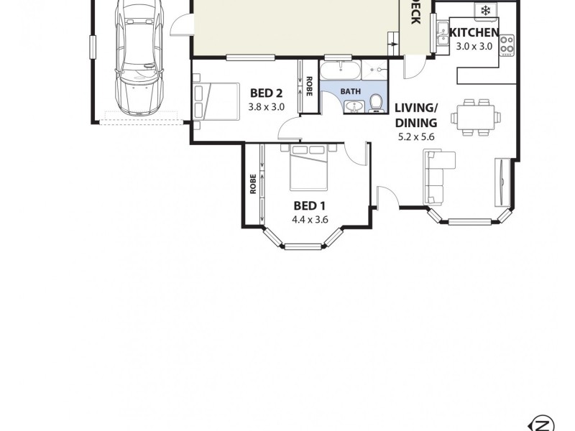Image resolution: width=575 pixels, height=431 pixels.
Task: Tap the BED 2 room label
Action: point(266,93)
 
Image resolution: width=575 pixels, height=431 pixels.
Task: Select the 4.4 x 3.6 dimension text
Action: point(310,220)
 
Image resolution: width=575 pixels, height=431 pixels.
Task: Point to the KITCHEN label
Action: point(474,32)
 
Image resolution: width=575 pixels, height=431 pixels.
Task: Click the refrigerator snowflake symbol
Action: point(486,10)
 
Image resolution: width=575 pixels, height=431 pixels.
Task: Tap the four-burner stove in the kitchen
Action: point(507,45)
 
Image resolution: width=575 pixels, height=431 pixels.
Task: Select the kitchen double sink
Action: point(441,33)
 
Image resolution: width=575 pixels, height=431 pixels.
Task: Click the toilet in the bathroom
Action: point(375,104)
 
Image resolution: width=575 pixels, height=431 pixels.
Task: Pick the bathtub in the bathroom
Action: point(341,71)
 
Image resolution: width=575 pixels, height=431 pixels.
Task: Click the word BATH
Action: point(350,91)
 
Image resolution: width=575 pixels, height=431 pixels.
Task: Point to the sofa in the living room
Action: point(435,177)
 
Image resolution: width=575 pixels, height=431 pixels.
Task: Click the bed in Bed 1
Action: point(310,167)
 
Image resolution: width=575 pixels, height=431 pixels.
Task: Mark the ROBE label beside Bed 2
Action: point(308,86)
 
